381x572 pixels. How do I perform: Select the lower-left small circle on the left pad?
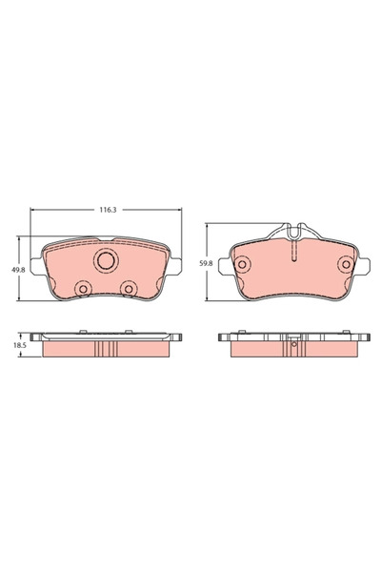83,289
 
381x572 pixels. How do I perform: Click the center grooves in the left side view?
105,350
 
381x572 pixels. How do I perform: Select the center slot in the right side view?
293,350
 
